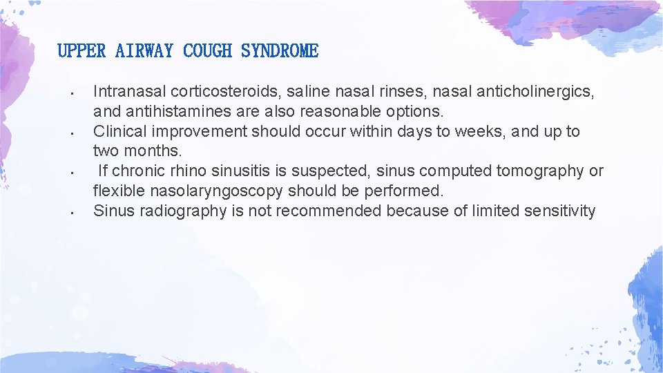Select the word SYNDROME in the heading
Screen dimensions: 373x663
click(x=280, y=51)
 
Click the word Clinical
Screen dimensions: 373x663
click(x=119, y=131)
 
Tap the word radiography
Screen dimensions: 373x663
click(x=183, y=211)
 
